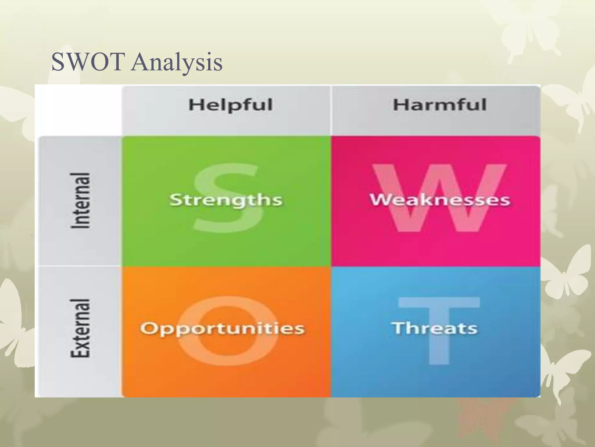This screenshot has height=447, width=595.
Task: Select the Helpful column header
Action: tap(230, 105)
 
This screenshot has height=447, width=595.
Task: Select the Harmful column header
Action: tap(439, 105)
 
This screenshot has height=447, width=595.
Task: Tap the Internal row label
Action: tap(80, 201)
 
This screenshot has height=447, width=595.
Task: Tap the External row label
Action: tap(80, 328)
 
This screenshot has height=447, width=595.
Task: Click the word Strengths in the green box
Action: tap(226, 200)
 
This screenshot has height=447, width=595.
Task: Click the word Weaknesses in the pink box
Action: tap(440, 200)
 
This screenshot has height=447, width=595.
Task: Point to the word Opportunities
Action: tap(223, 329)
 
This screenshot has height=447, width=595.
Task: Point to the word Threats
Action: tap(435, 328)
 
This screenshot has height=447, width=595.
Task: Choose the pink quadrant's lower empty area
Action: tap(436, 250)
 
